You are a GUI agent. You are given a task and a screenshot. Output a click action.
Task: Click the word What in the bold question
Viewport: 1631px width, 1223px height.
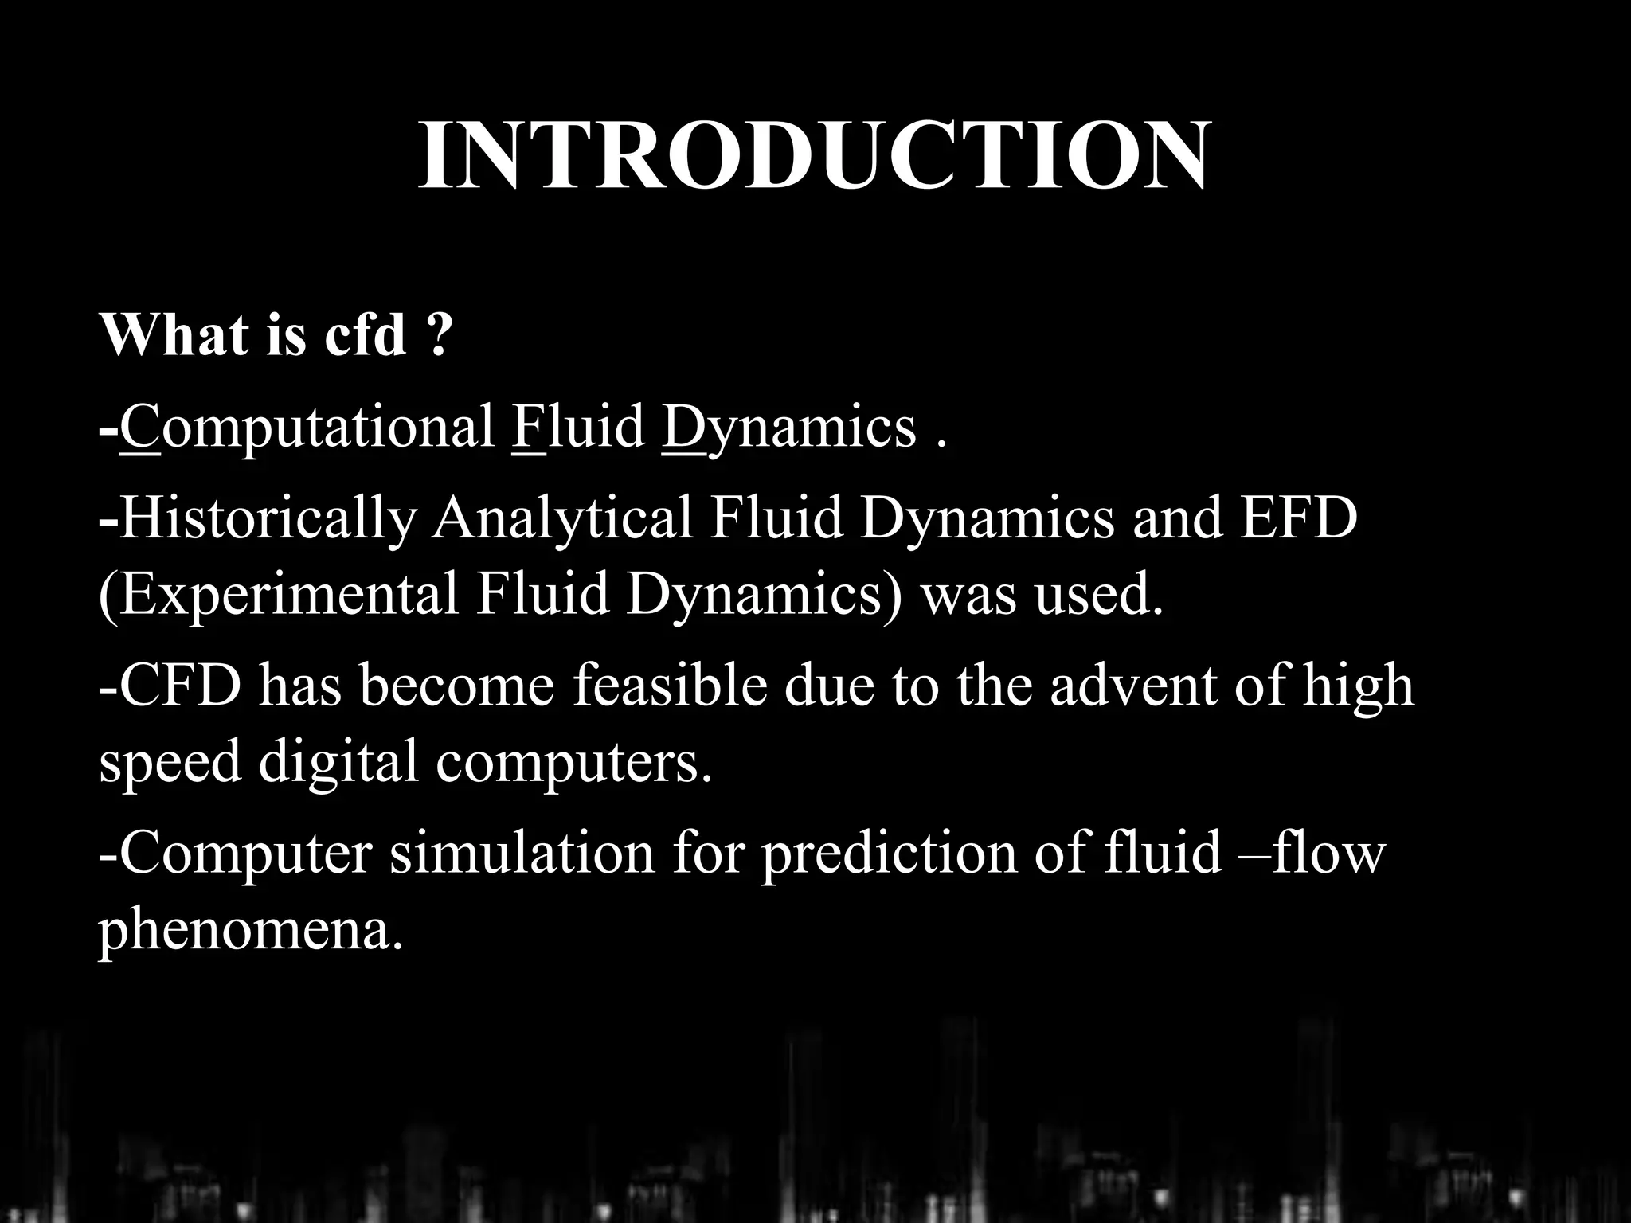tap(174, 334)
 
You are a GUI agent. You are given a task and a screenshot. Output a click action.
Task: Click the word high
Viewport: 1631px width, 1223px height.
tap(1358, 686)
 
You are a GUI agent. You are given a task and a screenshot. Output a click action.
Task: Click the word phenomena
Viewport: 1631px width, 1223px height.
tap(250, 930)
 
